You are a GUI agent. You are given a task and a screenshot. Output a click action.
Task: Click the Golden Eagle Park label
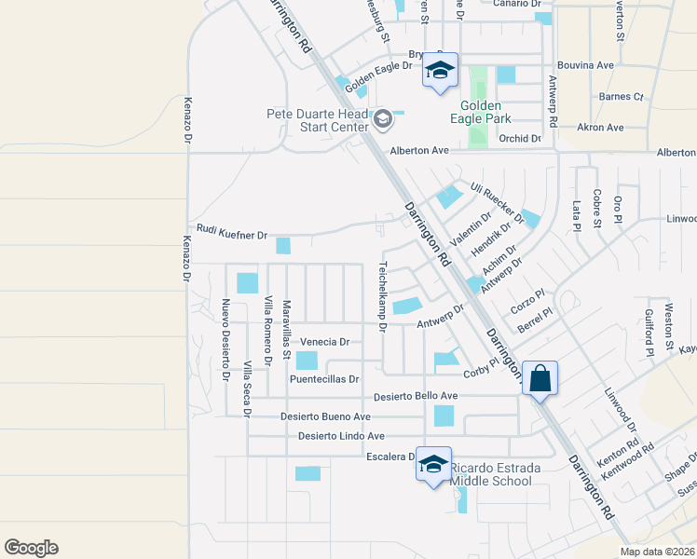(480, 112)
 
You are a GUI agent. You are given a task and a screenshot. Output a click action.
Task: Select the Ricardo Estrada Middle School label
(491, 473)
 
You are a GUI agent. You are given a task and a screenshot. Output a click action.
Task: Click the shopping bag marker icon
(540, 378)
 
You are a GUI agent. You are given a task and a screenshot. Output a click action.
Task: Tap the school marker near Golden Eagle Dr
(440, 71)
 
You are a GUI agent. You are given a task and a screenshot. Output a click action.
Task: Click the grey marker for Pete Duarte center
(382, 117)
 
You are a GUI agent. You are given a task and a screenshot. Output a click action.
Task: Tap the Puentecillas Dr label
(324, 379)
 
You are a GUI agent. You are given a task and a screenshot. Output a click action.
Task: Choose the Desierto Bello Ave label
(416, 396)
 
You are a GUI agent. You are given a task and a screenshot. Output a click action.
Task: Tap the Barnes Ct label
(622, 96)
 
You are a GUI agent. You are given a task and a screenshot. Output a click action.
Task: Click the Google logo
(31, 548)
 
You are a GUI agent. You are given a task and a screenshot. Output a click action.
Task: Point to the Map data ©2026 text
(657, 552)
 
